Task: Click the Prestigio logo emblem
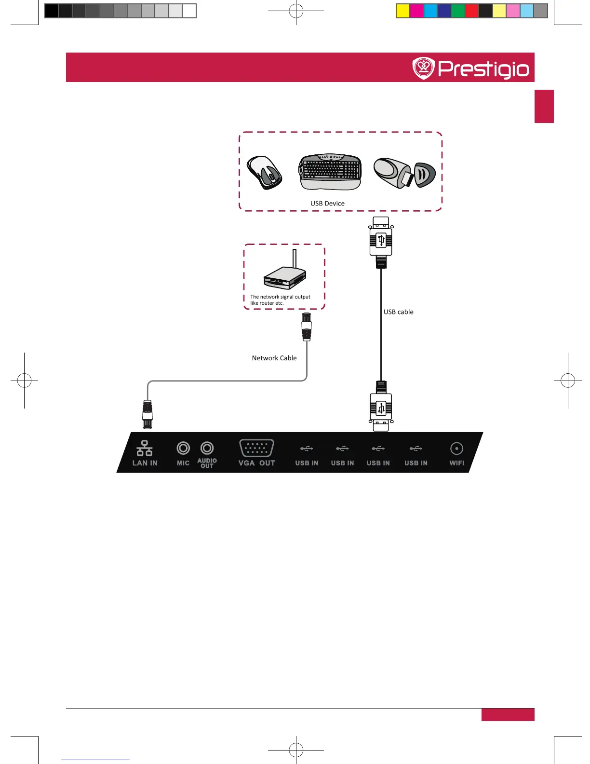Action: click(x=424, y=68)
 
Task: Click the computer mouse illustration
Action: click(x=264, y=172)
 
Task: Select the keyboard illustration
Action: click(x=330, y=172)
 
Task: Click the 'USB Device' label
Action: click(x=327, y=204)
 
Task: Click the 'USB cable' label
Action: click(x=398, y=312)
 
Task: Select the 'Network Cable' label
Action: click(x=274, y=358)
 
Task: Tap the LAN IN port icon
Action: click(x=144, y=448)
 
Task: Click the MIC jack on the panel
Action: click(x=183, y=448)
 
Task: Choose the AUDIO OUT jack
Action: click(x=207, y=448)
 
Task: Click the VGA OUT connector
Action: click(x=256, y=448)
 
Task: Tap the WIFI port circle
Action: click(x=456, y=449)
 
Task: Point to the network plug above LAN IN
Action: click(x=147, y=414)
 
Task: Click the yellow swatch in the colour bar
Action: click(x=402, y=11)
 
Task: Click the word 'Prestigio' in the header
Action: click(x=483, y=69)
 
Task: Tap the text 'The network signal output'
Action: click(x=280, y=297)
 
